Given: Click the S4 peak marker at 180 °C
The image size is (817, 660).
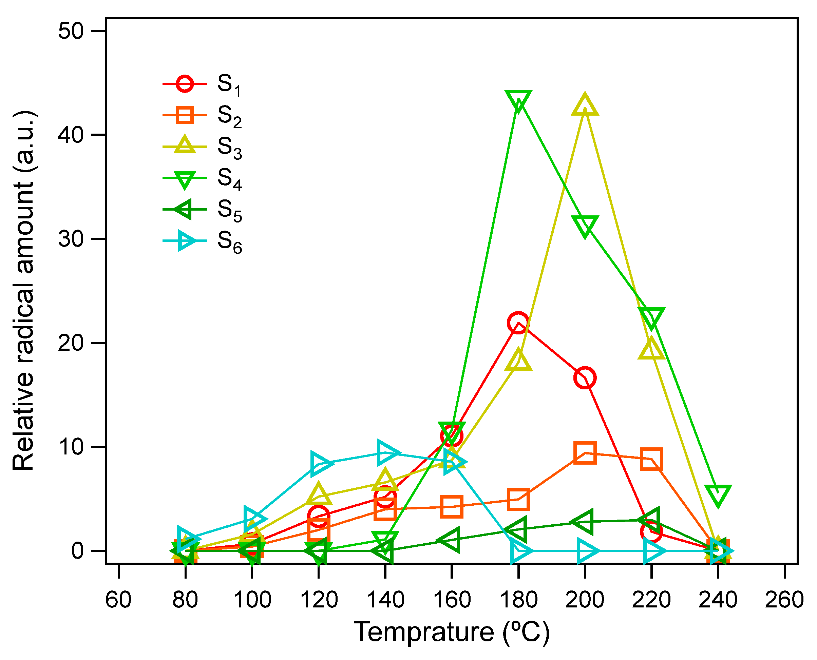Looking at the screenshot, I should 518,100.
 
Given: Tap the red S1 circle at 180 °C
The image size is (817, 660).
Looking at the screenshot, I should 518,323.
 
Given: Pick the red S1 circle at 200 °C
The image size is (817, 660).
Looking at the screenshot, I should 585,377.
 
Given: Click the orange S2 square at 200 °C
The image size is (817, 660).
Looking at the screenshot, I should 585,453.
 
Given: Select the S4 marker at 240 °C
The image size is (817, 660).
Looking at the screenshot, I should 718,495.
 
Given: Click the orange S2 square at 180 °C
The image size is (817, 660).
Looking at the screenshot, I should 518,500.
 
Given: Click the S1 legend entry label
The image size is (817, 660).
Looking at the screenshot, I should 229,85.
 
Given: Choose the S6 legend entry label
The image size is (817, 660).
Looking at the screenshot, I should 229,242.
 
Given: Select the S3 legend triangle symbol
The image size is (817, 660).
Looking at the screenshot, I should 185,145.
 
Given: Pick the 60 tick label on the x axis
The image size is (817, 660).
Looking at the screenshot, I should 119,600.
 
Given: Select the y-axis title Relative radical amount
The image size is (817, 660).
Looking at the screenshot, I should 24,291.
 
